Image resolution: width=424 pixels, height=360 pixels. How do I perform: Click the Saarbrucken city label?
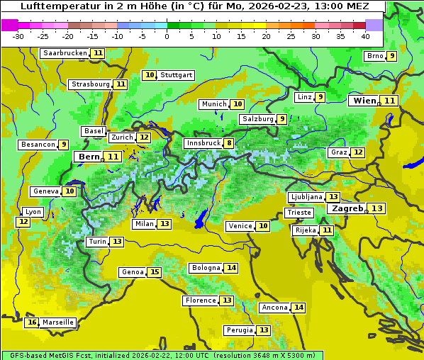(65, 53)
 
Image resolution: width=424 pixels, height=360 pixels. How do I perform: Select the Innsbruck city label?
(203, 143)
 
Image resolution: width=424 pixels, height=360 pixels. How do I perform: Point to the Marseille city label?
(58, 322)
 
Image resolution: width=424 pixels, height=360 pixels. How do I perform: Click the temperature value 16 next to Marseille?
(32, 322)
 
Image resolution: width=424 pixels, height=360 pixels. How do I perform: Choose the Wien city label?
(365, 101)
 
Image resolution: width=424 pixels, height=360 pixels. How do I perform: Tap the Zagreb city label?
(347, 208)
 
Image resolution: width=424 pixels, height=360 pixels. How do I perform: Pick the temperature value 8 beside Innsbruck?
(229, 143)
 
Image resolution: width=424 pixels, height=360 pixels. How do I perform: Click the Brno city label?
(374, 56)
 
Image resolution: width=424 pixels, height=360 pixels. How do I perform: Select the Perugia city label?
(239, 330)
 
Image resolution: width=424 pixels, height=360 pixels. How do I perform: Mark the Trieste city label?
(298, 213)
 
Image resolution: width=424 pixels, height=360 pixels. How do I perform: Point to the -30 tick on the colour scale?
(18, 35)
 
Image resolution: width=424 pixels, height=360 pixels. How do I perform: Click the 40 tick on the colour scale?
(365, 35)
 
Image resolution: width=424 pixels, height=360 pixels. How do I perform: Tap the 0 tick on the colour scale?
(167, 35)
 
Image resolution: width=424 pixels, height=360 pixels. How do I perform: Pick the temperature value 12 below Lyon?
(23, 222)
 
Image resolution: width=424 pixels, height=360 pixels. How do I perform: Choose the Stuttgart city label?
(176, 75)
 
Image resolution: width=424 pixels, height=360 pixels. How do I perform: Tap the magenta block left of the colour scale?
(9, 24)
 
